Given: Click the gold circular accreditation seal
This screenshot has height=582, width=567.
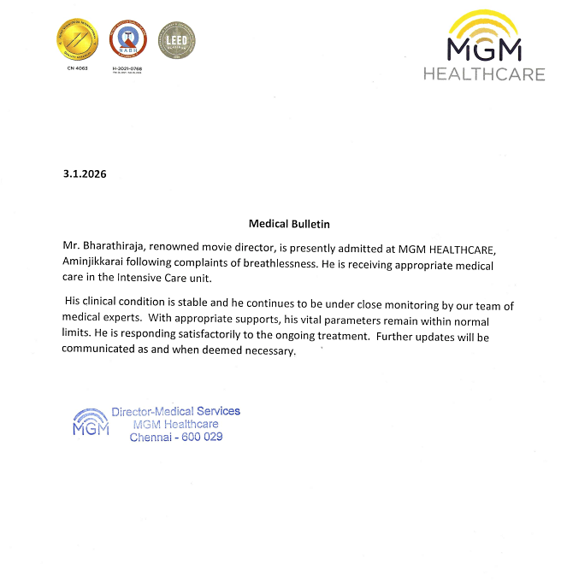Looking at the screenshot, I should pyautogui.click(x=77, y=39).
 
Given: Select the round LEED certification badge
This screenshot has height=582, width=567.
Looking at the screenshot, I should pyautogui.click(x=177, y=39).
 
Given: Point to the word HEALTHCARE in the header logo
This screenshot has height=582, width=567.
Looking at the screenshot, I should pyautogui.click(x=484, y=74).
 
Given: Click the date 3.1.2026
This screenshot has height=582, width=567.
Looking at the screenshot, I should pyautogui.click(x=85, y=173).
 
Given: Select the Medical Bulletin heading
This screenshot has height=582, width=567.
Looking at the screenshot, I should pyautogui.click(x=289, y=224).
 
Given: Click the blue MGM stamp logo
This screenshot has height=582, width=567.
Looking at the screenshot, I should pyautogui.click(x=90, y=423).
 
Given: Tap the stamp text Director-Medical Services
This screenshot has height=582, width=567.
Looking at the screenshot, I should pyautogui.click(x=175, y=411).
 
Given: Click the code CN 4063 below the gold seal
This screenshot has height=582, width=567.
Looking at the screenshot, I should pyautogui.click(x=77, y=68).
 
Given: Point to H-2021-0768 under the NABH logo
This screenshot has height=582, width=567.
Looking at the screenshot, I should pyautogui.click(x=128, y=68).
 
